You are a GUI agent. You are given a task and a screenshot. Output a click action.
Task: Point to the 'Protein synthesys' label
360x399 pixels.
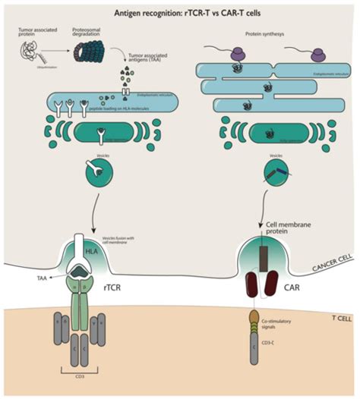(264, 33)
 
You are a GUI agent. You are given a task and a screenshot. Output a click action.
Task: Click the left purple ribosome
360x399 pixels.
(238, 54)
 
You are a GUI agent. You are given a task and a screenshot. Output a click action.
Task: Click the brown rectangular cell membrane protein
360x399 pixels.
(264, 253)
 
